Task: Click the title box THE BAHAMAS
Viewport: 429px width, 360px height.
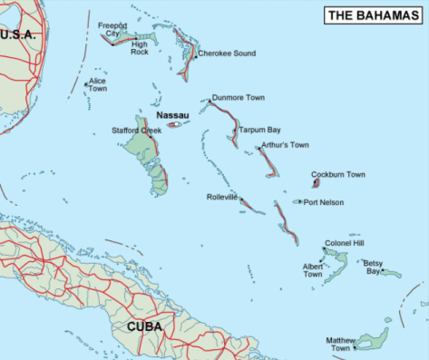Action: [x=374, y=15]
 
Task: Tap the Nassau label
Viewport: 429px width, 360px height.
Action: [x=171, y=115]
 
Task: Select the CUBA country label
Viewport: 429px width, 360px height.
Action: [x=145, y=326]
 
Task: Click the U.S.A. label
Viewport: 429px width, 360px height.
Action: [x=17, y=34]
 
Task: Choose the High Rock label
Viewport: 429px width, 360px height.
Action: [x=140, y=47]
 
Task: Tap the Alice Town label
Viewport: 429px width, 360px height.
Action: [x=97, y=84]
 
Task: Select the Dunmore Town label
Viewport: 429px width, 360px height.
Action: [x=238, y=96]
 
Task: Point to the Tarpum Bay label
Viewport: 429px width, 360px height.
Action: [x=259, y=130]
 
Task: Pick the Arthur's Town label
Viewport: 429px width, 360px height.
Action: [x=286, y=145]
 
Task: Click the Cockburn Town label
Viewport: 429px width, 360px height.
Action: [x=338, y=174]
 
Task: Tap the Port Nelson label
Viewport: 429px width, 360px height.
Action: [x=324, y=202]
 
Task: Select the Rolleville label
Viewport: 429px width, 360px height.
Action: [x=221, y=197]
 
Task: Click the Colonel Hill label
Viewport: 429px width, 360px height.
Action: [x=344, y=243]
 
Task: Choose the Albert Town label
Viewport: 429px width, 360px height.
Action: [x=312, y=269]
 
